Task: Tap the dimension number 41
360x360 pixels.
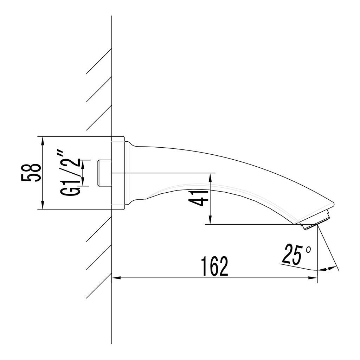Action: click(198, 198)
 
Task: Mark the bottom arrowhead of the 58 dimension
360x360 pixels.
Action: click(43, 206)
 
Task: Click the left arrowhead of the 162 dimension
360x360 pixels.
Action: click(116, 278)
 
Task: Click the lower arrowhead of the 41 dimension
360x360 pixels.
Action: click(210, 221)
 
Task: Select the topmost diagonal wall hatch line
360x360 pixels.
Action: click(99, 61)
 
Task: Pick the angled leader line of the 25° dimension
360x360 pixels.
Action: click(327, 248)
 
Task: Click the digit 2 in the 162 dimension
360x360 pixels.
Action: click(223, 266)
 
